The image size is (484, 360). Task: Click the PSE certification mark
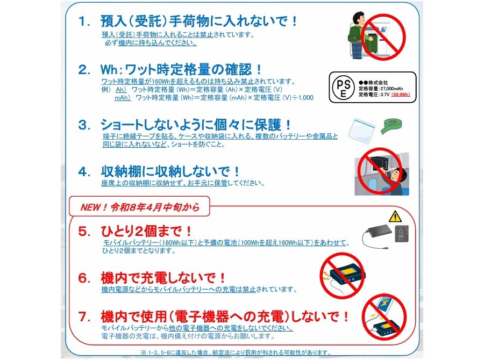(343, 87)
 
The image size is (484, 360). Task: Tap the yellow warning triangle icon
(395, 217)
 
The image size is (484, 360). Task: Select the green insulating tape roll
(391, 126)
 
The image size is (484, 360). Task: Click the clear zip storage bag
(361, 131)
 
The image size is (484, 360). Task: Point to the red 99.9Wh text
(401, 95)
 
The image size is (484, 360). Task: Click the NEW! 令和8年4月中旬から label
(140, 207)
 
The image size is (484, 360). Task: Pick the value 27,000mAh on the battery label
(392, 89)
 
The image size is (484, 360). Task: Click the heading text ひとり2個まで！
(146, 232)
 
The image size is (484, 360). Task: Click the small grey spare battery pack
(402, 233)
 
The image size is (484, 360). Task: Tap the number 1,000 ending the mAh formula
(305, 98)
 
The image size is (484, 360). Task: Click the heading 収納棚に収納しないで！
(170, 171)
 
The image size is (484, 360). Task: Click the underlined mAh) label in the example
(123, 98)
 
